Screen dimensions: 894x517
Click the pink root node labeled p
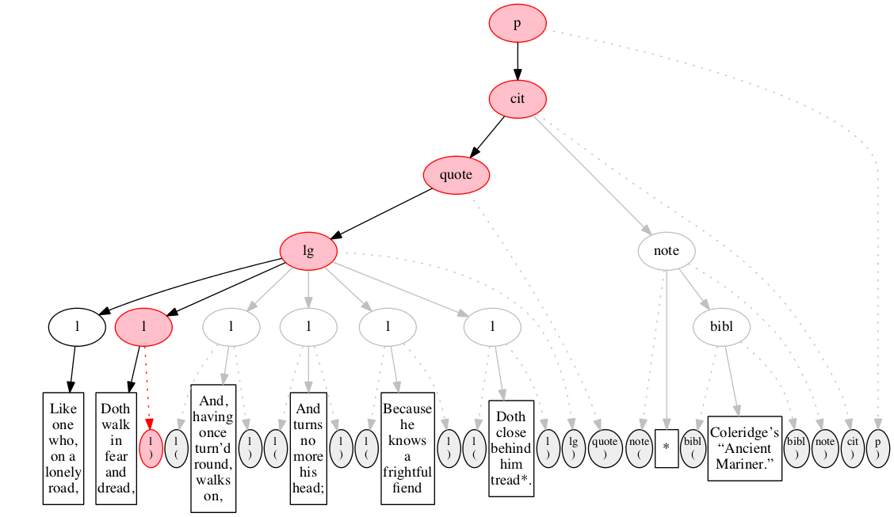click(517, 23)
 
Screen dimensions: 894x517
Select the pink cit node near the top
click(517, 99)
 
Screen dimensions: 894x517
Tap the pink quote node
click(457, 175)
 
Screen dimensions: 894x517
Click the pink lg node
click(308, 251)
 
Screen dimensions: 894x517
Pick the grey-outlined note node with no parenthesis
click(666, 251)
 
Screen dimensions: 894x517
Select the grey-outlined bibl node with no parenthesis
click(721, 327)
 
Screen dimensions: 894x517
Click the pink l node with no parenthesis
click(143, 327)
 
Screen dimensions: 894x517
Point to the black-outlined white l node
click(77, 327)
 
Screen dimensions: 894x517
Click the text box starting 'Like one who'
click(63, 448)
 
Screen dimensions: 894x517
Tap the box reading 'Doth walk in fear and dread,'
click(116, 448)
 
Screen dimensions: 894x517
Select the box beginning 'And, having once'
click(212, 448)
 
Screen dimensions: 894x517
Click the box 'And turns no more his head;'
click(308, 448)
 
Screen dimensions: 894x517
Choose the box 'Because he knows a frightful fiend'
click(407, 448)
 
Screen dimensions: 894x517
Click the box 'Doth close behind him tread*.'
click(511, 448)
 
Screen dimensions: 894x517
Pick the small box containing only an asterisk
click(667, 448)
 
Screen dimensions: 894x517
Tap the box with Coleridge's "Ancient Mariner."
click(745, 448)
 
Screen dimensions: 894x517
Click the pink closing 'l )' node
click(151, 448)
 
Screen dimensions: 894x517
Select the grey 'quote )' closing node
click(605, 448)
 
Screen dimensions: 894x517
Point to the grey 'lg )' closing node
click(573, 448)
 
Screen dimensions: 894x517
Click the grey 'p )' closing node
click(878, 448)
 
